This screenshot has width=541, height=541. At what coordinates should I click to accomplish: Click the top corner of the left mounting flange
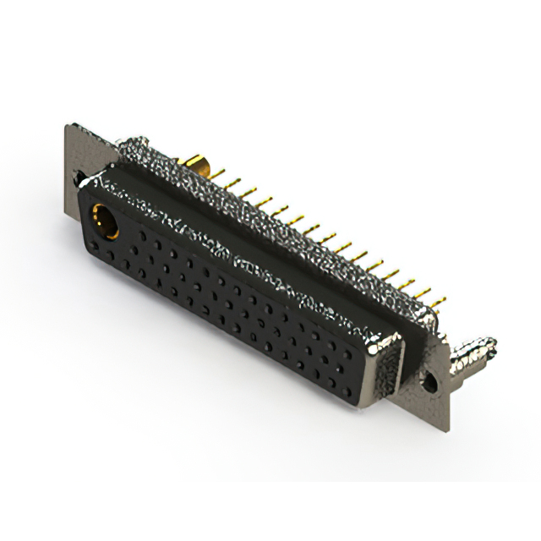point(68,127)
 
